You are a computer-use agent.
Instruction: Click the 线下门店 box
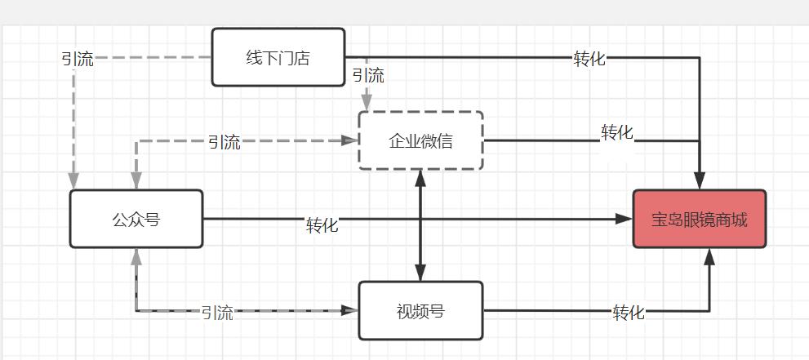278,57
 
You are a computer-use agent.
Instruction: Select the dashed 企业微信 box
420,140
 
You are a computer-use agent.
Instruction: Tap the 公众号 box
136,219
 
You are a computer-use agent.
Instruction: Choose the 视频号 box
420,310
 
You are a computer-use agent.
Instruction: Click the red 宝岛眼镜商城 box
700,219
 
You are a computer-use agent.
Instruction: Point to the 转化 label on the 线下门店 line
589,59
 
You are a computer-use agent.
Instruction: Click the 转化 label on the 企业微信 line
617,132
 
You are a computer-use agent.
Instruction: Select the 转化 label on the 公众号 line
322,225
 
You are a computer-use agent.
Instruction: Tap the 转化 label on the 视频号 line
629,312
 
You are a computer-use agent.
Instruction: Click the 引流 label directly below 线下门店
367,76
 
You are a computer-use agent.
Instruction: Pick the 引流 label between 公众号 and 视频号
217,313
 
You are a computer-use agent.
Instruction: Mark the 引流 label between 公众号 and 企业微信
224,142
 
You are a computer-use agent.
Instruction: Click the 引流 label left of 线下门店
78,59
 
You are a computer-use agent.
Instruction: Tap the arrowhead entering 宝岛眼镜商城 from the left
625,219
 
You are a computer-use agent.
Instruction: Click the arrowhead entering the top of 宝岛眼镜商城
700,182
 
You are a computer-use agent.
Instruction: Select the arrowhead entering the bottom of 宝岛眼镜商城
709,256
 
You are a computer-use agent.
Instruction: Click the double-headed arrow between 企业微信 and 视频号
420,225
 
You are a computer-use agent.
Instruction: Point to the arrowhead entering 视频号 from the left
351,310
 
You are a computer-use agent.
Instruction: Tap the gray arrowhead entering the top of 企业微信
367,104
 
